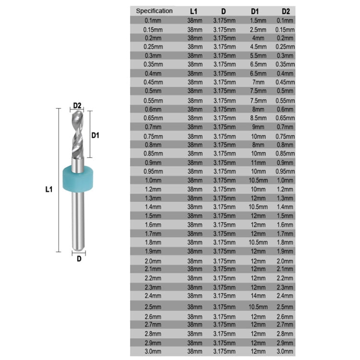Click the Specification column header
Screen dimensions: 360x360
(154, 11)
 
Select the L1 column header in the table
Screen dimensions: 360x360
(193, 11)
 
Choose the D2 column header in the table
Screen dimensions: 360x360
(286, 11)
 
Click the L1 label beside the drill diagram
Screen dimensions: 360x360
(48, 190)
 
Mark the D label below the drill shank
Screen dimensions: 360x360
(78, 259)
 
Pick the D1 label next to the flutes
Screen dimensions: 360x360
(95, 136)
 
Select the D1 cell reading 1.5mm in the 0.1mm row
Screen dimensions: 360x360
(258, 21)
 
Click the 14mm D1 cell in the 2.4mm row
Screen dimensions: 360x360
(258, 295)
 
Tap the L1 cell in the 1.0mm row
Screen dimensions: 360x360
(193, 180)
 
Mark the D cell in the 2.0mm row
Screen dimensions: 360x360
(225, 261)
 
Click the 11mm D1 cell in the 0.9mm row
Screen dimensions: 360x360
(258, 162)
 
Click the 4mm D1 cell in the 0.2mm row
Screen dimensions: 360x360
(258, 38)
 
